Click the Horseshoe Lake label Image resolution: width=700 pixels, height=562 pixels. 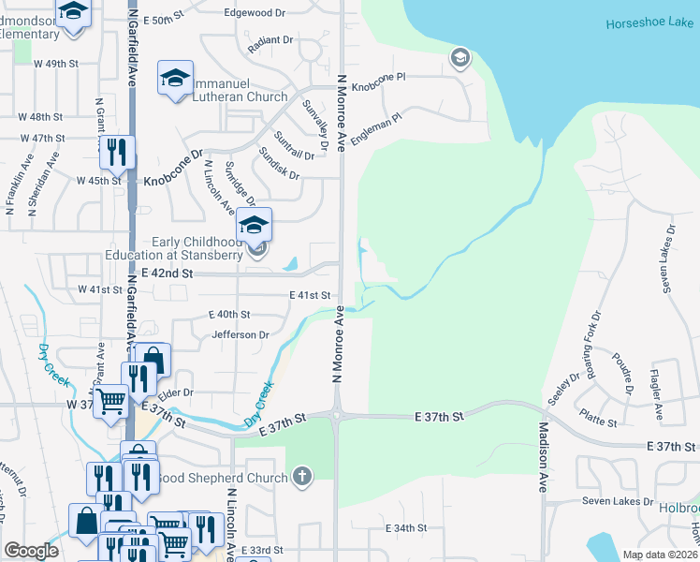coord(646,23)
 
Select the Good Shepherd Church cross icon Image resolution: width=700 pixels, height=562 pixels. coord(301,478)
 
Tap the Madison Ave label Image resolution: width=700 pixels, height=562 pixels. coord(543,458)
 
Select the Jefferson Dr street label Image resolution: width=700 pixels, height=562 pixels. coord(241,334)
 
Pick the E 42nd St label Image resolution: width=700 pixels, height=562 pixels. coord(165,274)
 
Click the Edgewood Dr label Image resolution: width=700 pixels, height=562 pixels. coord(255,13)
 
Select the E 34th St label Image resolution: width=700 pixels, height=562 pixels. coord(406,528)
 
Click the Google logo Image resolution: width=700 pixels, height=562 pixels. coord(31,551)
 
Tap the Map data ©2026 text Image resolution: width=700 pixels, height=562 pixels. coord(659,555)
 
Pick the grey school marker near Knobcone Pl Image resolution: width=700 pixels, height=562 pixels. coord(459,59)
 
